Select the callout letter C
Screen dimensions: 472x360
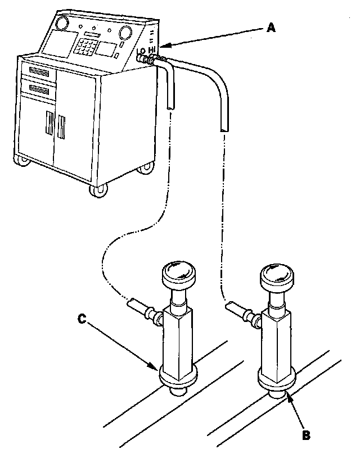pyautogui.click(x=82, y=319)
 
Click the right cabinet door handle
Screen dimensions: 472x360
pyautogui.click(x=61, y=128)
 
